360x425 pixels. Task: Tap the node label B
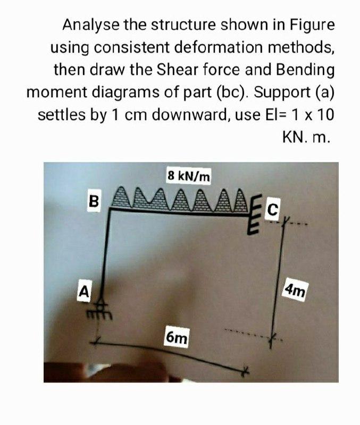(94, 201)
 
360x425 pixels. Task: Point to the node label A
(83, 291)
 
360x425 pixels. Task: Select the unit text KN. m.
(306, 138)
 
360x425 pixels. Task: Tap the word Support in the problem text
(282, 92)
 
